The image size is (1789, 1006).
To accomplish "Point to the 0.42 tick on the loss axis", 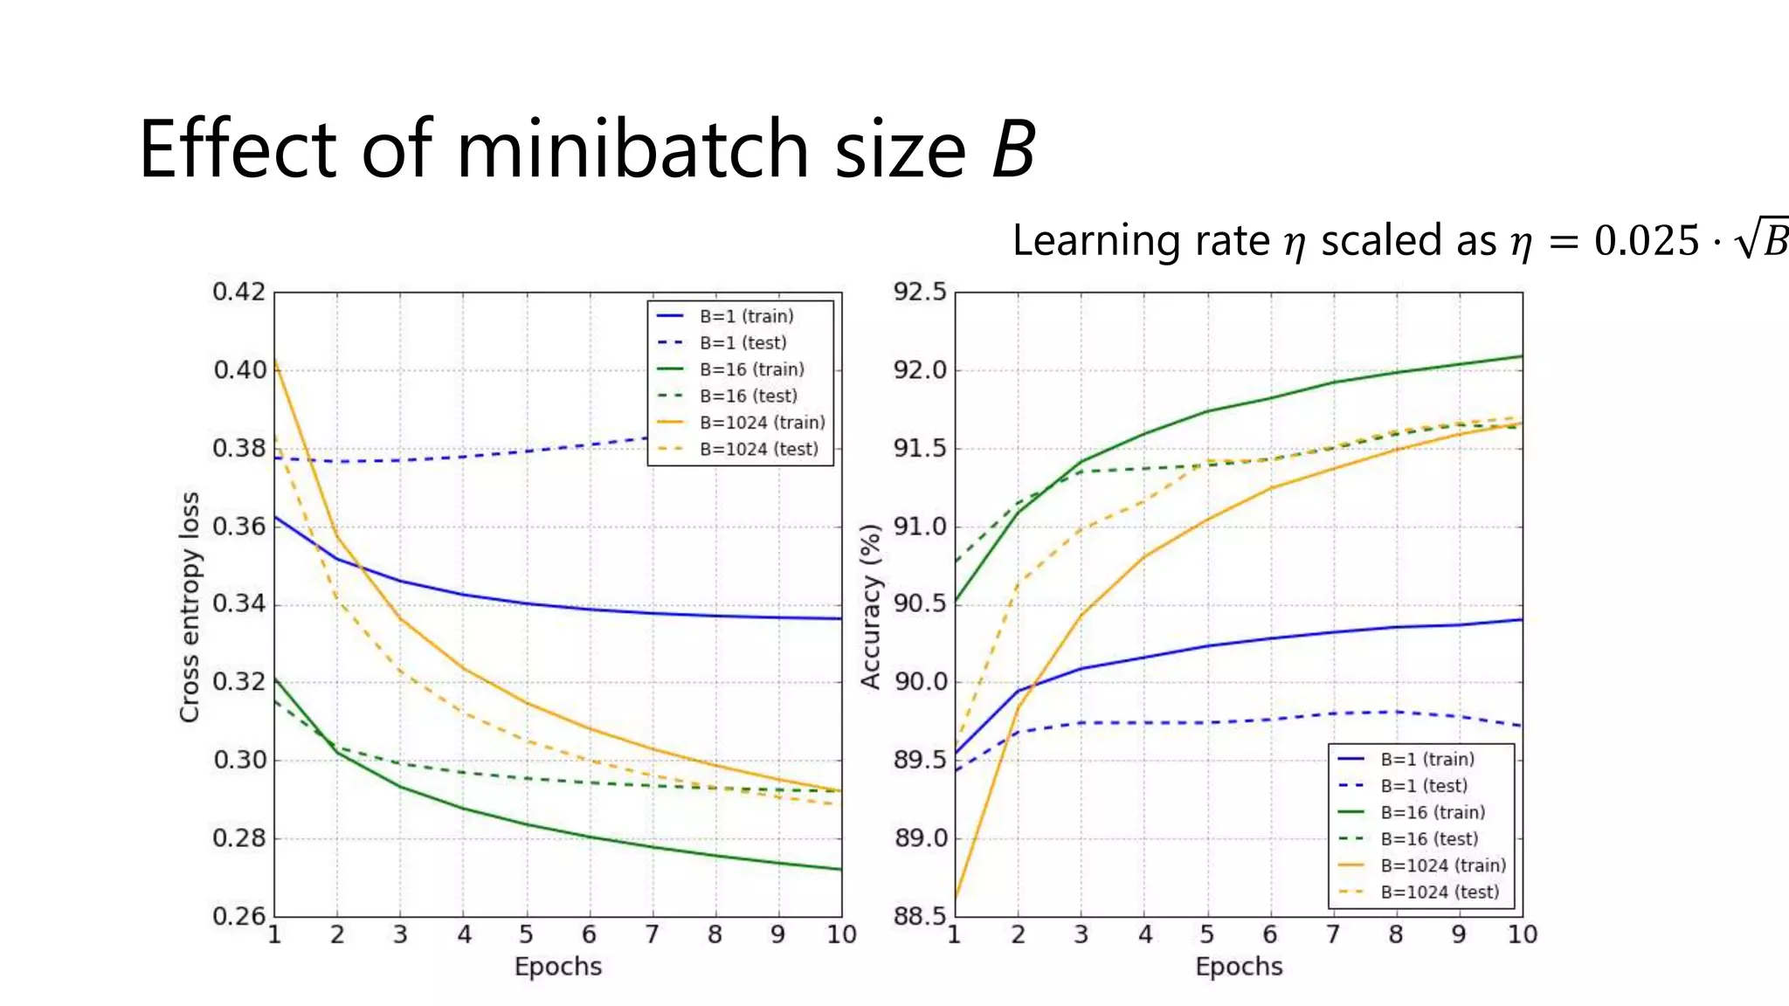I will click(x=238, y=292).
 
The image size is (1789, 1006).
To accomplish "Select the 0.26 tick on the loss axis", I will click(x=238, y=916).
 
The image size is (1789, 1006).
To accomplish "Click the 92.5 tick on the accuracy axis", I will click(x=919, y=292).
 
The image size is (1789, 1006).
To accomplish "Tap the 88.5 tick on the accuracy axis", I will click(x=919, y=916).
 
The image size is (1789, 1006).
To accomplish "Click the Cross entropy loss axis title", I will click(x=190, y=607).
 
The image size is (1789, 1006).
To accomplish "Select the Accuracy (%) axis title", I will click(x=870, y=607).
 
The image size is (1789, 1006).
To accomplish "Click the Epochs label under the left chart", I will click(x=557, y=967).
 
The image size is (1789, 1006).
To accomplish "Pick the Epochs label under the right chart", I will click(x=1239, y=967).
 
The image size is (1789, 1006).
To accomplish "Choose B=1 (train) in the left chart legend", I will click(x=746, y=316).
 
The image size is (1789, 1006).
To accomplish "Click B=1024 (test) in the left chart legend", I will click(x=758, y=449).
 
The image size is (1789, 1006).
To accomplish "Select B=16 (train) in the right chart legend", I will click(x=1433, y=812).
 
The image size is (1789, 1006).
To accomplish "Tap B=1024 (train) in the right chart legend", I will click(x=1443, y=865).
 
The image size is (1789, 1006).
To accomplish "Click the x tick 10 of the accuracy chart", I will click(x=1523, y=934).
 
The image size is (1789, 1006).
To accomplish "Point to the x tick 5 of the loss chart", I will click(x=526, y=934).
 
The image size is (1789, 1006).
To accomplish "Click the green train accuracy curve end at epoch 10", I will click(x=1521, y=356).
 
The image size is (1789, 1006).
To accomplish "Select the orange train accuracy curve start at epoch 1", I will click(x=956, y=896).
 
